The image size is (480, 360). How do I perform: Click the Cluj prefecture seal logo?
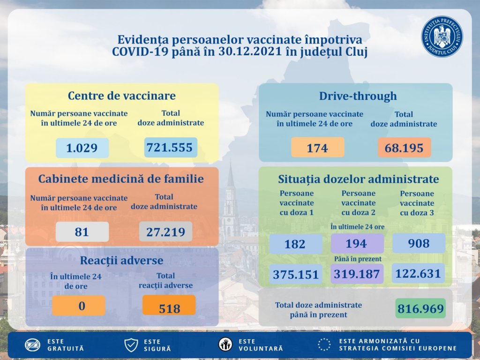coord(442,37)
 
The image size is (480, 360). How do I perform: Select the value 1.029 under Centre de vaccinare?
coord(82,148)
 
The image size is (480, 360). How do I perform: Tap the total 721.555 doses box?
coord(170,147)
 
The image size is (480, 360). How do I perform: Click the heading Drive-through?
coord(358,96)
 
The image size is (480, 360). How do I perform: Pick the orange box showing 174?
coord(317,148)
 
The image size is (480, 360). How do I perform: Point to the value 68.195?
coord(404,148)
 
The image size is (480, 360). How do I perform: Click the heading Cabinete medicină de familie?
coord(121,179)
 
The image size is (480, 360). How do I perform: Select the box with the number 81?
coord(82,232)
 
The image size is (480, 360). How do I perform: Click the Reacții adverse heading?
coord(121,260)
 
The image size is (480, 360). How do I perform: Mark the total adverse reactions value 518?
coord(169,308)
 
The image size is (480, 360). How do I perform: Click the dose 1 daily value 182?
coord(295,244)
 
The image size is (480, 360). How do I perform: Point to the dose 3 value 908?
coord(419,243)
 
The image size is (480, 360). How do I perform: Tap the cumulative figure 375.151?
coord(295,274)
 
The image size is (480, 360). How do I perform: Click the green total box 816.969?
coord(420,308)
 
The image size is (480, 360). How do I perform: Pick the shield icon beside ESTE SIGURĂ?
coord(131,345)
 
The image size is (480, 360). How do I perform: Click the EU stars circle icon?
coord(324,345)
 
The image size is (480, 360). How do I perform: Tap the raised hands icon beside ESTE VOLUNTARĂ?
coord(225,345)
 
